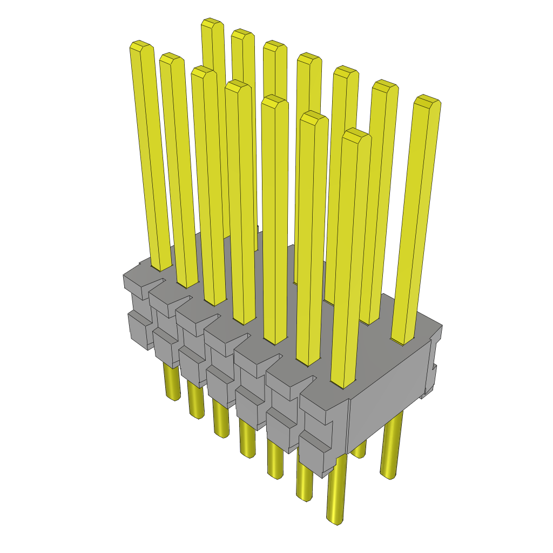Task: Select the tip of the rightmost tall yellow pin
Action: (427, 100)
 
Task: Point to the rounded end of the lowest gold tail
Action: (336, 520)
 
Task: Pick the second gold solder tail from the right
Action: (359, 451)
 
